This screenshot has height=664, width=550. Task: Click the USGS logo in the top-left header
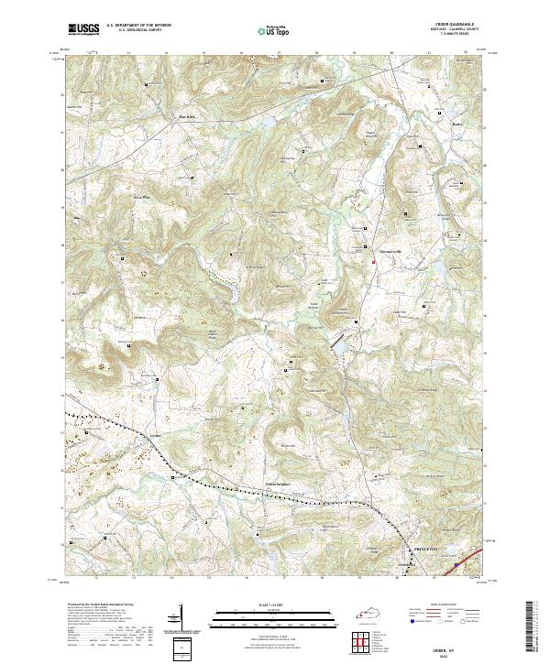coord(83,29)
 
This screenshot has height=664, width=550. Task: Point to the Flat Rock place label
coord(189,116)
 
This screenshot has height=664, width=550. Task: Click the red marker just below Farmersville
coord(373,263)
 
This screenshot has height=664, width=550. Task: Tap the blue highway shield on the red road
coord(457,565)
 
